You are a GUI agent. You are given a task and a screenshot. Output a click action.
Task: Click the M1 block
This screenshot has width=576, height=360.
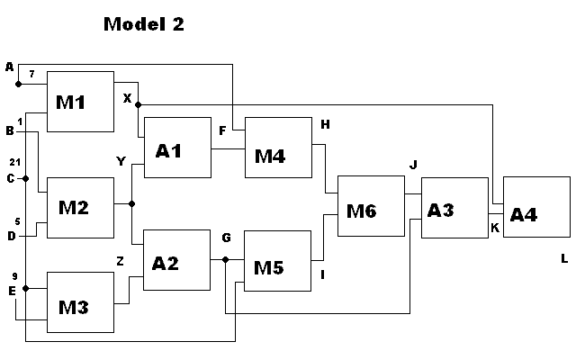tap(80, 101)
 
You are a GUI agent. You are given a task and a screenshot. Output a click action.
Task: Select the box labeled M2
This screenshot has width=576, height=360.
tap(80, 207)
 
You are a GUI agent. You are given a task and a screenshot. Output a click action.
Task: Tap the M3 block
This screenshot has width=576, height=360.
tap(80, 301)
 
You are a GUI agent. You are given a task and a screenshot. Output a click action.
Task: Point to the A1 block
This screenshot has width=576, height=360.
tap(177, 148)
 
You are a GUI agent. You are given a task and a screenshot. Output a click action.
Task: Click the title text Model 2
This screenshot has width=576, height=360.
tap(144, 24)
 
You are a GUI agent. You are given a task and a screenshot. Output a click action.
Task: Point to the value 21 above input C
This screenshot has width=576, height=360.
tap(14, 162)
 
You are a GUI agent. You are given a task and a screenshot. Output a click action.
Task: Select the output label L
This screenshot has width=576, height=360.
tap(564, 259)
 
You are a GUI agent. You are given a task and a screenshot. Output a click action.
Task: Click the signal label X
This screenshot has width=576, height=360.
tap(127, 97)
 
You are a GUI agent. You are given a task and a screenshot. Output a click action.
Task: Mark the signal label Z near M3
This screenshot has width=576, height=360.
tap(120, 260)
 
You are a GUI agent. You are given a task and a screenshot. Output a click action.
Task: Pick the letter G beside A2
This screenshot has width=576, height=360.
tap(227, 238)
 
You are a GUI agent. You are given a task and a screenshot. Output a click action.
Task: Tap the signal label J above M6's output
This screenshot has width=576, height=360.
tap(412, 165)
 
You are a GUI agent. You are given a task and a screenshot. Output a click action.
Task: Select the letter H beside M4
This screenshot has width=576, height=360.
tap(325, 123)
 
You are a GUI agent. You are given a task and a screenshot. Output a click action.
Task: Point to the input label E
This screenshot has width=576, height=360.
tap(11, 290)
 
